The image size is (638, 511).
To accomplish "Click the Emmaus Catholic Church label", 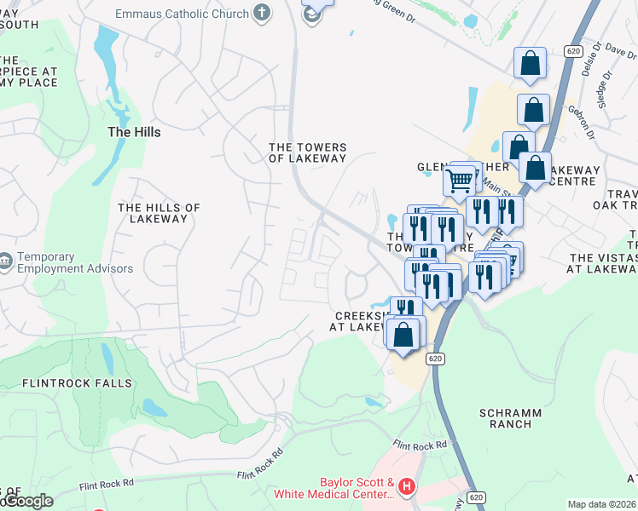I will (x=183, y=14).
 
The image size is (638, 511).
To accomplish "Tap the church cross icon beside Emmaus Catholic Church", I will (x=262, y=14).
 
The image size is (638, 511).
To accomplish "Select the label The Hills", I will (x=134, y=132).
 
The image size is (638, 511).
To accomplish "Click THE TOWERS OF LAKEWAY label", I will (x=308, y=152).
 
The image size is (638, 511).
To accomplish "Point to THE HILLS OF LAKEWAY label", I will (x=159, y=213).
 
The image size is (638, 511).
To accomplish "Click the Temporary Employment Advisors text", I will (x=75, y=262).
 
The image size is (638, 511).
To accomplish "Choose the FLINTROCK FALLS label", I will (x=78, y=383).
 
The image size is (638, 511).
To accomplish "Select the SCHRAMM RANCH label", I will (x=510, y=418).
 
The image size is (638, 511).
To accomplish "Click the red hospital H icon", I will (x=407, y=487).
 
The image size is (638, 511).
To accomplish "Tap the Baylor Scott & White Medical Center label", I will (x=333, y=487).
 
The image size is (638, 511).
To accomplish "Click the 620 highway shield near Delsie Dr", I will (x=573, y=51).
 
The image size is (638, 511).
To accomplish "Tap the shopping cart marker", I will (x=460, y=180).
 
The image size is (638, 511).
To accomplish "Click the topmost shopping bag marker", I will (x=530, y=62).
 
